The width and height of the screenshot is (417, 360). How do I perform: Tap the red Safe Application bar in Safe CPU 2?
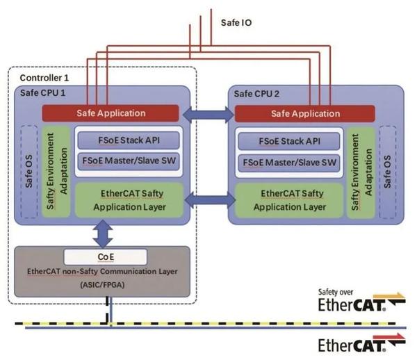point(305,113)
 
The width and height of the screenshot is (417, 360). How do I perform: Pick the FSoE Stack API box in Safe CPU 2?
point(289,140)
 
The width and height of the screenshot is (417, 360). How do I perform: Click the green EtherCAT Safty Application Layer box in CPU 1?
point(128,199)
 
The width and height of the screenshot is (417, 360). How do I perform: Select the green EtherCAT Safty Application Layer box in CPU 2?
point(289,200)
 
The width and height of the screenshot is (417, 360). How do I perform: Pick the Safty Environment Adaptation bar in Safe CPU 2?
point(361,167)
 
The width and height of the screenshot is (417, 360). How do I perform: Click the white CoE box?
point(105,256)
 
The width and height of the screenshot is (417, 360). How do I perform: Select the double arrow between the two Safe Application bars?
point(211,113)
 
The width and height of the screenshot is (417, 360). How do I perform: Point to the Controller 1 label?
point(44,77)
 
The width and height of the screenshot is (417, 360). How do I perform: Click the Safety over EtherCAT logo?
point(361,302)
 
